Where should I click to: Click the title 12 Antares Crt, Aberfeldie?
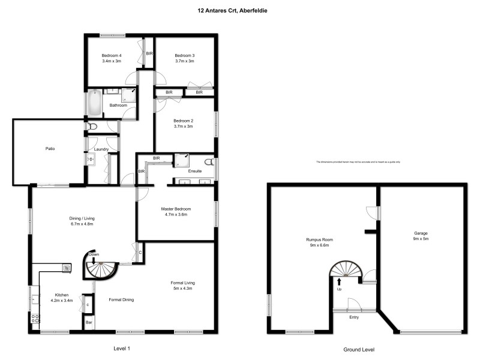coord(240,10)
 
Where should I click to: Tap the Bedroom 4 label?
coord(112,55)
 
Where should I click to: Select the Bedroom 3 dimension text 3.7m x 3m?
coord(184,61)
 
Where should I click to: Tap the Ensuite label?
coord(195,172)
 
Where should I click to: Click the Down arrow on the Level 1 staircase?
coord(94,260)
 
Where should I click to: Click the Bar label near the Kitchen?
coord(89,322)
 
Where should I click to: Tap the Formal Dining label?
coord(121,299)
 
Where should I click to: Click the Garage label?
coord(421,233)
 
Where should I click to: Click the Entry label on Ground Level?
coord(354,317)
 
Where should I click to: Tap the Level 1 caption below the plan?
coord(122,349)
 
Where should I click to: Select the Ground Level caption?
coord(359,349)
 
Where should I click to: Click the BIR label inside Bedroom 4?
coord(149,53)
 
